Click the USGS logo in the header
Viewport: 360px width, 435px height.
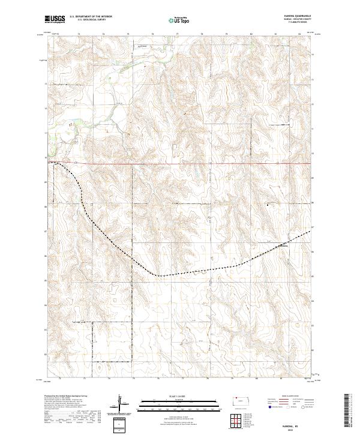click(55, 19)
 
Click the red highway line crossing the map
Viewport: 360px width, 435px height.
click(180, 163)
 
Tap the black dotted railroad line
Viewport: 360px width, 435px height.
click(180, 274)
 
